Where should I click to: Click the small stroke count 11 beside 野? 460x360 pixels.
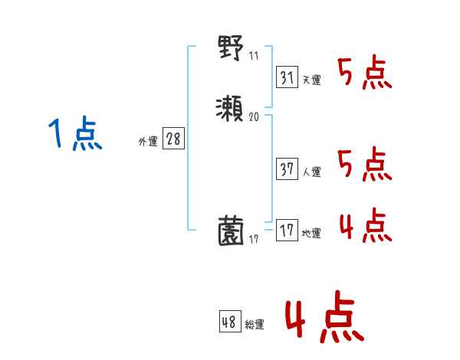tap(255, 56)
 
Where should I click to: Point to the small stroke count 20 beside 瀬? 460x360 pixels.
tap(255, 118)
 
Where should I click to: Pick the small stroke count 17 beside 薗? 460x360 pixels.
tap(255, 241)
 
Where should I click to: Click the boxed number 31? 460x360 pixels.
tap(287, 77)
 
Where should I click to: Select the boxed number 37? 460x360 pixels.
tap(287, 169)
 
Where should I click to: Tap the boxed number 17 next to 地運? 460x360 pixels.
tap(287, 231)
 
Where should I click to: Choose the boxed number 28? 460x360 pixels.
tap(173, 139)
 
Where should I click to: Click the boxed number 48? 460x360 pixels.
tap(229, 322)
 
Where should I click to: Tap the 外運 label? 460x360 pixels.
tap(147, 142)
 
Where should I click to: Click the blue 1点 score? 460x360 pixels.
tap(75, 134)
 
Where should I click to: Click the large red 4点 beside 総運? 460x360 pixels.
tap(324, 320)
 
